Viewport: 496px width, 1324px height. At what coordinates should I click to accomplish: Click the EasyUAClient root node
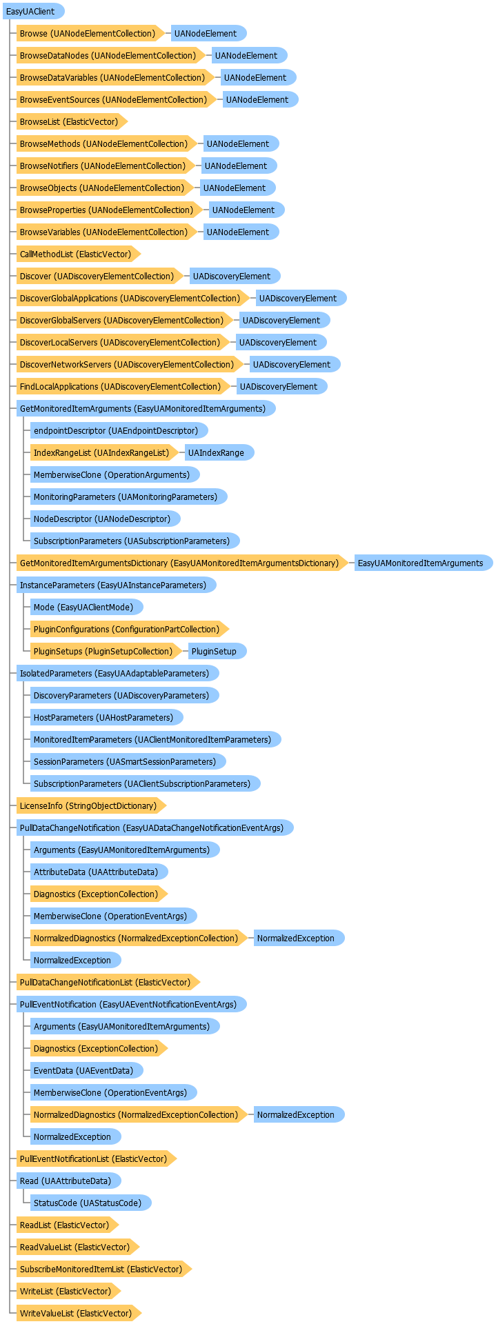33,11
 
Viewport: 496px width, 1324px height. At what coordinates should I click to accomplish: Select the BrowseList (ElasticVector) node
72,121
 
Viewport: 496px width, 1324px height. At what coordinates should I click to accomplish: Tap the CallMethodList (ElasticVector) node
78,254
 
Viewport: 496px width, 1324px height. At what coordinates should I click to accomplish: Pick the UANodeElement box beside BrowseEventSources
260,99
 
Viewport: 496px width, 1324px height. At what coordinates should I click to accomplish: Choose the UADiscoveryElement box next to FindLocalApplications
281,386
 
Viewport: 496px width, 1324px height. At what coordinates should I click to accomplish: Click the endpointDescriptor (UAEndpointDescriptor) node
119,430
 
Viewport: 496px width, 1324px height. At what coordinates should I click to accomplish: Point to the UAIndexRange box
219,452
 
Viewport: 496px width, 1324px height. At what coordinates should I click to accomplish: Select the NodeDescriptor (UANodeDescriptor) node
105,519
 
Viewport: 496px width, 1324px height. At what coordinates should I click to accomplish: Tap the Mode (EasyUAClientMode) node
86,607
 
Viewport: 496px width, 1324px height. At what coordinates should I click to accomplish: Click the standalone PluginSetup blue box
217,651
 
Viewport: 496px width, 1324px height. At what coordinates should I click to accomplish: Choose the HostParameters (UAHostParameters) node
106,717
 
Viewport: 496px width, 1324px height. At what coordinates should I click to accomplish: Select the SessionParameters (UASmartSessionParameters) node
128,761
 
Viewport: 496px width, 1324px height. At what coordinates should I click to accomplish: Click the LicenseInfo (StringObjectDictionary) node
91,805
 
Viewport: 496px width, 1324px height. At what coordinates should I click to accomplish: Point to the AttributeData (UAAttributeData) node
99,872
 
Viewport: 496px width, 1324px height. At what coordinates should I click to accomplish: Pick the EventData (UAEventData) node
86,1070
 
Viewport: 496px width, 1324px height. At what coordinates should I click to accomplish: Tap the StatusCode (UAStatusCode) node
90,1203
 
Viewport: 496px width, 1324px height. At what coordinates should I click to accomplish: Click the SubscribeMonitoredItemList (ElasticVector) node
103,1269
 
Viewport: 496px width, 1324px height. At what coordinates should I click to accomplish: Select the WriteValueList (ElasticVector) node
79,1313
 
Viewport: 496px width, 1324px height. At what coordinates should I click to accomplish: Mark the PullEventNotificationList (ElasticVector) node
97,1158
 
